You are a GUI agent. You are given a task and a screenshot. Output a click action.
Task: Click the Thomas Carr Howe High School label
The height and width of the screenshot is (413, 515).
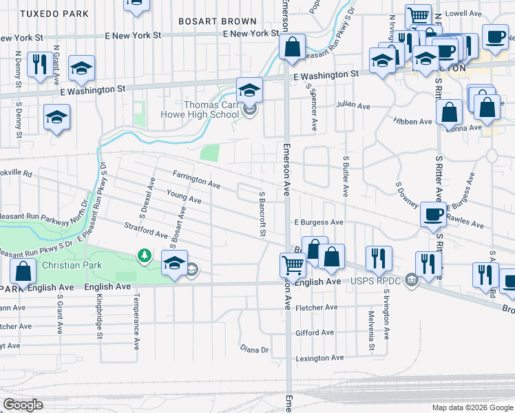pos(200,110)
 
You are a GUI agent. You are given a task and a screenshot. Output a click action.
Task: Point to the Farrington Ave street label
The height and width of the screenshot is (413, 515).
pos(196,180)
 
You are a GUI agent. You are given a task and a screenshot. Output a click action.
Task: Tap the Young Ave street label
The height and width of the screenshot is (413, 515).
pos(184,197)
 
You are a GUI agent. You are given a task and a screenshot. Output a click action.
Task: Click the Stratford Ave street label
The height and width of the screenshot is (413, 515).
pos(147,230)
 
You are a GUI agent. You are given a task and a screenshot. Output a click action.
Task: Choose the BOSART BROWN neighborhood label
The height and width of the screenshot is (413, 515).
pos(207,21)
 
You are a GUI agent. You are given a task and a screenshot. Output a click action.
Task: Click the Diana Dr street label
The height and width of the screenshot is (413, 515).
pos(254,350)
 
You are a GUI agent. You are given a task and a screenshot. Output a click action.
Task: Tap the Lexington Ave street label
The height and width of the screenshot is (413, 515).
pos(319,359)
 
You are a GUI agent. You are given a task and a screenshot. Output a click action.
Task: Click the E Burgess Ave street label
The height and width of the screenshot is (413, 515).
pos(319,222)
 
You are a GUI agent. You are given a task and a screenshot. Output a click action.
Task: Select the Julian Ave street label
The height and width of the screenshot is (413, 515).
pos(353,105)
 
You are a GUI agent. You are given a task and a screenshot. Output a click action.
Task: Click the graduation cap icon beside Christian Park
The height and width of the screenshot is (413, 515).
pos(175,262)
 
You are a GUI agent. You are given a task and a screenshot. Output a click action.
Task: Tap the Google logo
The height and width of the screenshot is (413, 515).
pos(23,405)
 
